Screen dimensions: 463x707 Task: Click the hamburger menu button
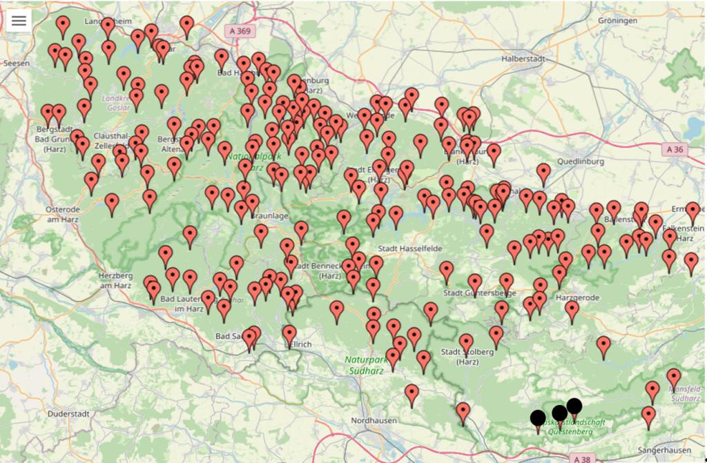point(19,21)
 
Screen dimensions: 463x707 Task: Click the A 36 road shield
point(675,149)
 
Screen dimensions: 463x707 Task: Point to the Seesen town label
point(16,63)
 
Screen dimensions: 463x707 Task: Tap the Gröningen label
point(617,21)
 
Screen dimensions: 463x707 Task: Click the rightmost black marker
point(574,406)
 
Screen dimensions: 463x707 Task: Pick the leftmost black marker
point(538,417)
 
